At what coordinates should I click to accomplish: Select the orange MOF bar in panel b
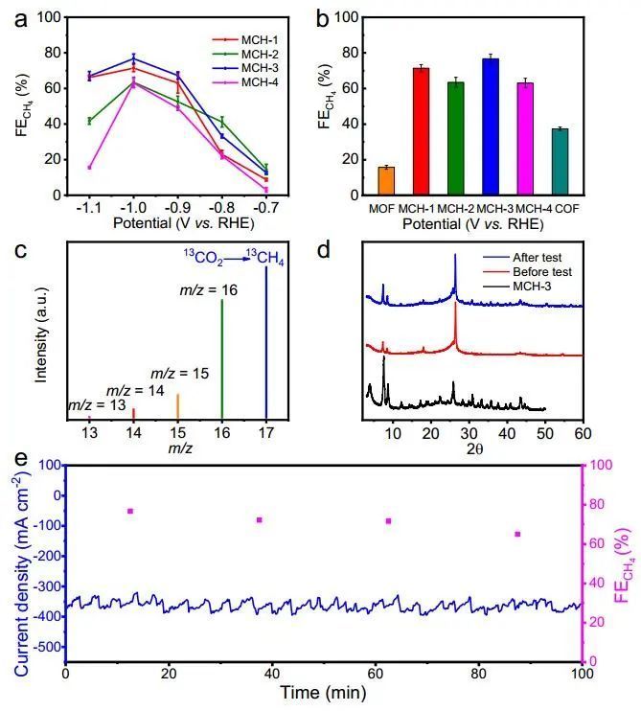pyautogui.click(x=386, y=181)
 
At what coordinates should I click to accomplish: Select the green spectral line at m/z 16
pyautogui.click(x=222, y=359)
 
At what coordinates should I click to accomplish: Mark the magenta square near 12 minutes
pyautogui.click(x=129, y=512)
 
